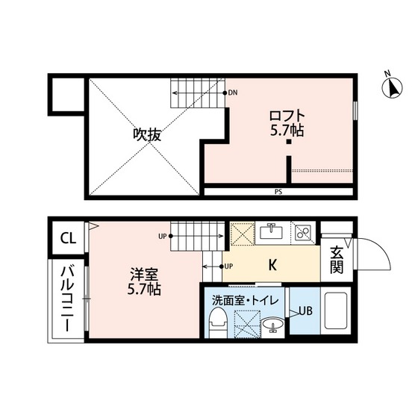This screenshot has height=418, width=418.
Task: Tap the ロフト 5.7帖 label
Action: (287, 122)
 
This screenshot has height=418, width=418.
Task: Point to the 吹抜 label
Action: (147, 135)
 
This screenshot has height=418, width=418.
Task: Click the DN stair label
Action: (233, 93)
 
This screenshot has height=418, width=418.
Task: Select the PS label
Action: (278, 193)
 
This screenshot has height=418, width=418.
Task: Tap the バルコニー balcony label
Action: (66, 302)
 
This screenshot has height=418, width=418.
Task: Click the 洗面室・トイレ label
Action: (246, 301)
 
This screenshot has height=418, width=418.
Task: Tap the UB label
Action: (306, 311)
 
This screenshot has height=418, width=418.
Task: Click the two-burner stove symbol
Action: (303, 232)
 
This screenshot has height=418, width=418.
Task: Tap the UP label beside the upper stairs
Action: (162, 237)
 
